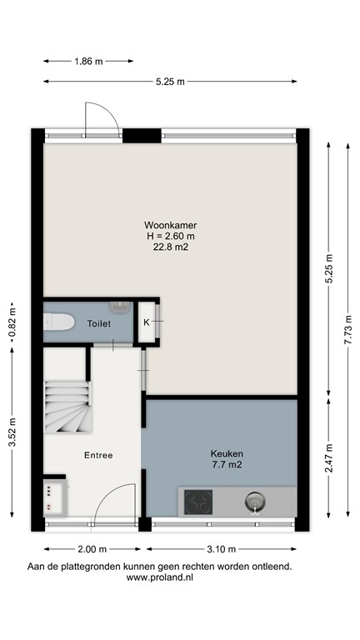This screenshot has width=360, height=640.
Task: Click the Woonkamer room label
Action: click(170, 225)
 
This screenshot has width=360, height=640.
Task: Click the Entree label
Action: click(98, 455)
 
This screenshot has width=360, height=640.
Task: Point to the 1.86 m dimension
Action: click(88, 61)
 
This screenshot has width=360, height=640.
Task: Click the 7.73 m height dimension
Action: click(348, 329)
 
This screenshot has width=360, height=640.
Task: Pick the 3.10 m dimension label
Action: click(222, 549)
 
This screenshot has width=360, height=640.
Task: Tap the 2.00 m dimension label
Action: click(92, 549)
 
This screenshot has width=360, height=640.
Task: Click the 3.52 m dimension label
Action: click(12, 433)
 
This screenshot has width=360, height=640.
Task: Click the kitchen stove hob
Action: click(197, 502)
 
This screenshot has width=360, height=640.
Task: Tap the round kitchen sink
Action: click(253, 502)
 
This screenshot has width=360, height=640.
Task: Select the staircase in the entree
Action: click(67, 406)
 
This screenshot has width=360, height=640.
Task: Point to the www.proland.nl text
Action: click(158, 577)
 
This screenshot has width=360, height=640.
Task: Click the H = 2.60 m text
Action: click(170, 236)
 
